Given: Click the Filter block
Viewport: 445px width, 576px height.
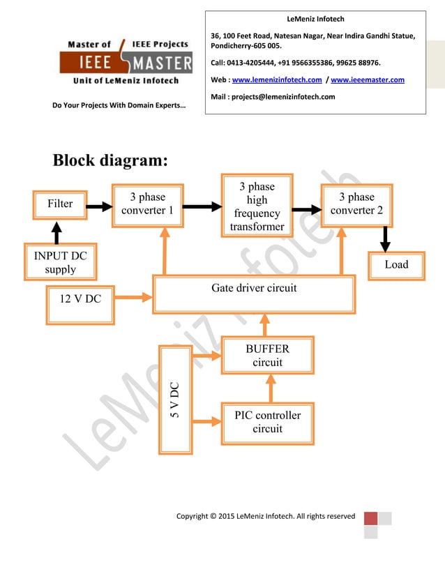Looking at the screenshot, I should pyautogui.click(x=60, y=204).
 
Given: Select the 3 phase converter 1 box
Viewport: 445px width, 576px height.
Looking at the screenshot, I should pyautogui.click(x=147, y=204).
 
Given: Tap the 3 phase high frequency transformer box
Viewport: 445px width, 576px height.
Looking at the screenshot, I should pyautogui.click(x=257, y=206).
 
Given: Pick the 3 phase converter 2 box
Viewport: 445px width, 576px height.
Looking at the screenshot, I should pyautogui.click(x=356, y=204).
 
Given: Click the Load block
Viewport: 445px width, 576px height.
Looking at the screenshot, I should pyautogui.click(x=396, y=265).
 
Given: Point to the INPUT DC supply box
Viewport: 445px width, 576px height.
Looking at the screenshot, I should pyautogui.click(x=60, y=262).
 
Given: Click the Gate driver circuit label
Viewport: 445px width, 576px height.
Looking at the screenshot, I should pyautogui.click(x=254, y=288).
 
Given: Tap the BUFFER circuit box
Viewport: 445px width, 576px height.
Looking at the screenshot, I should pyautogui.click(x=267, y=356).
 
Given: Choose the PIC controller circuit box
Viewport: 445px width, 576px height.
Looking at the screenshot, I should pyautogui.click(x=267, y=422).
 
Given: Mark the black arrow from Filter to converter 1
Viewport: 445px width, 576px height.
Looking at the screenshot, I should pyautogui.click(x=98, y=206).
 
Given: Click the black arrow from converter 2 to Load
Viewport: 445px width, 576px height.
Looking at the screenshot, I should pyautogui.click(x=384, y=240).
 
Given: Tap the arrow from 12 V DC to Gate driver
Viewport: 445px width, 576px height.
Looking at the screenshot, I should pyautogui.click(x=133, y=298).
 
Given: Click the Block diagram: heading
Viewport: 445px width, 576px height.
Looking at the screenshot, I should pyautogui.click(x=110, y=160).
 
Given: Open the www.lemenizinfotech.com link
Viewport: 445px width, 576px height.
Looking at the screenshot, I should pyautogui.click(x=276, y=80).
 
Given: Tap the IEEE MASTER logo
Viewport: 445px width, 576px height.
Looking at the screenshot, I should pyautogui.click(x=128, y=62).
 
